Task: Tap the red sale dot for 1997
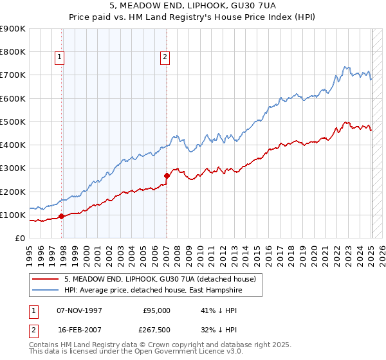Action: pos(61,216)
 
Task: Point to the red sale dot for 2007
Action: pos(167,175)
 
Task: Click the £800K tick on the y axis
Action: pos(13,52)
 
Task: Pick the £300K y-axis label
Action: pos(13,168)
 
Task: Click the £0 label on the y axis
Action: pos(19,239)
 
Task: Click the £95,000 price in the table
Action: pos(156,310)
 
